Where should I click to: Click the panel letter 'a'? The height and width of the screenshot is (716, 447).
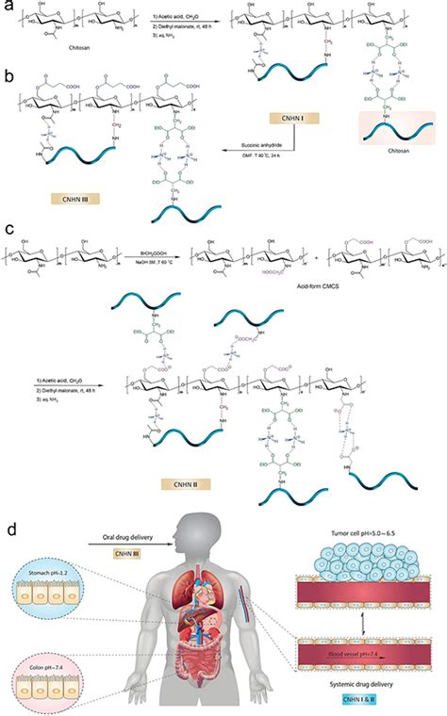(8, 8)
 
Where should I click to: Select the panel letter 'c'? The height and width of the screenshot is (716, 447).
(8, 229)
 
